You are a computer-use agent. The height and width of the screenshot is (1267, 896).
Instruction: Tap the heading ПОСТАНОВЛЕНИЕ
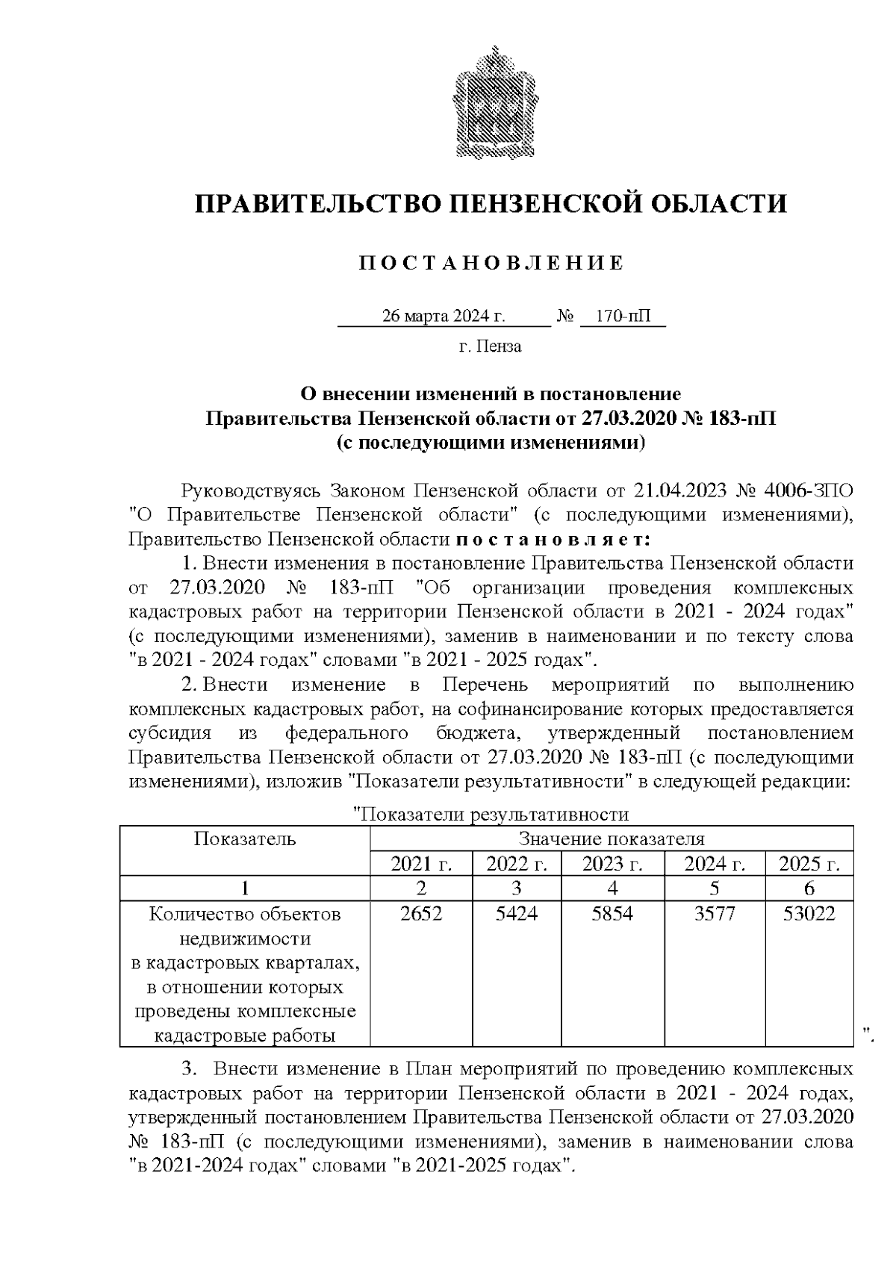(491, 263)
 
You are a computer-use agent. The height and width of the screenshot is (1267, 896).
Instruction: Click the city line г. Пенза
(490, 346)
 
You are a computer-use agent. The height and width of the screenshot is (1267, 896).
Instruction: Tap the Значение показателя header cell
(612, 839)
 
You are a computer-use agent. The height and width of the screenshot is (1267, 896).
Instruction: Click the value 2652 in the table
(421, 914)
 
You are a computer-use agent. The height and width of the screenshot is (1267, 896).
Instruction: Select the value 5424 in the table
(517, 914)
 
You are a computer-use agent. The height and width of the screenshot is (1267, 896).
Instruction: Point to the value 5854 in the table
(612, 914)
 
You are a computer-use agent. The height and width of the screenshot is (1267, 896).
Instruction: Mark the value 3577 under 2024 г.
(715, 914)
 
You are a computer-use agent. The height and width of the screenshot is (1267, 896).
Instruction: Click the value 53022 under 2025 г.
(809, 914)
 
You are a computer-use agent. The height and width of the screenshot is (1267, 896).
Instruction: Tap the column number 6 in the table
(809, 888)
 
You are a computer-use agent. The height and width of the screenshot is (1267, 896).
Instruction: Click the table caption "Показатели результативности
(491, 815)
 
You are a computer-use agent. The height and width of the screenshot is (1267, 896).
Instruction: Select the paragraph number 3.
(188, 1070)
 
